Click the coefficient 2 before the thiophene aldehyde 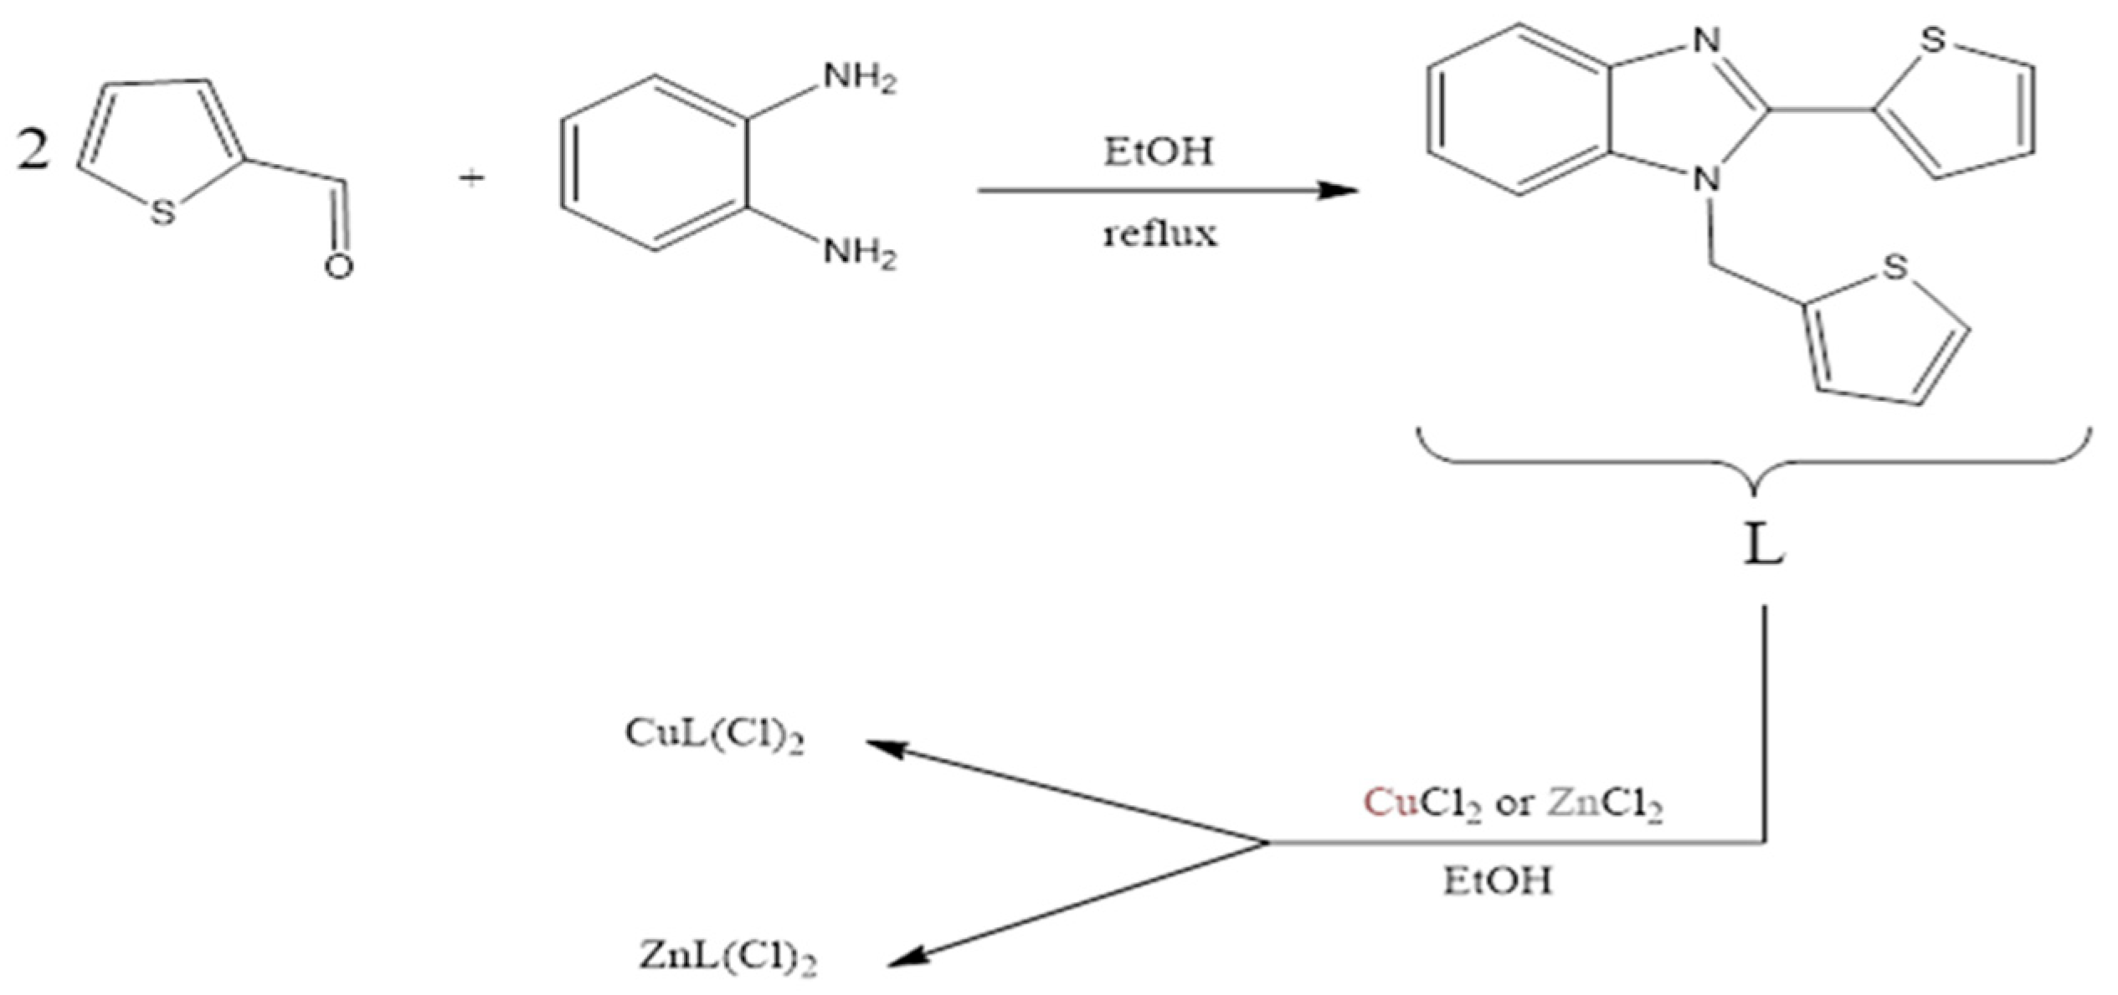point(33,152)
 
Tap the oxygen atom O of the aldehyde point(338,266)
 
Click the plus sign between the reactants point(472,178)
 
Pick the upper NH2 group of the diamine point(859,79)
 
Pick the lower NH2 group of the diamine point(859,252)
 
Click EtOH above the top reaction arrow point(1158,152)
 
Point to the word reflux point(1159,234)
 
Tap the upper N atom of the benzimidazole point(1705,39)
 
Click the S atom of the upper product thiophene point(1933,40)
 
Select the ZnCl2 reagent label point(1604,805)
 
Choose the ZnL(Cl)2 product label point(727,957)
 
